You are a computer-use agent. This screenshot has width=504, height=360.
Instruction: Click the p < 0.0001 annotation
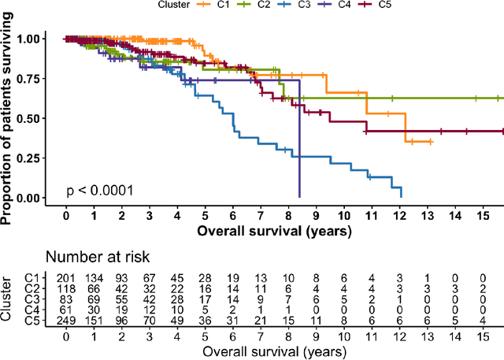tap(99, 190)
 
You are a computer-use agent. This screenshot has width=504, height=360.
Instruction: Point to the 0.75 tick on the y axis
tap(44, 79)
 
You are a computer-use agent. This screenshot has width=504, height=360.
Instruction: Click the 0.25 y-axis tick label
tap(44, 158)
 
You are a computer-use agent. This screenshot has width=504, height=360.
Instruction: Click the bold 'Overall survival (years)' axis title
tap(274, 232)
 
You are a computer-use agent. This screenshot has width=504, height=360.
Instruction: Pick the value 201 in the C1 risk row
tap(65, 277)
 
